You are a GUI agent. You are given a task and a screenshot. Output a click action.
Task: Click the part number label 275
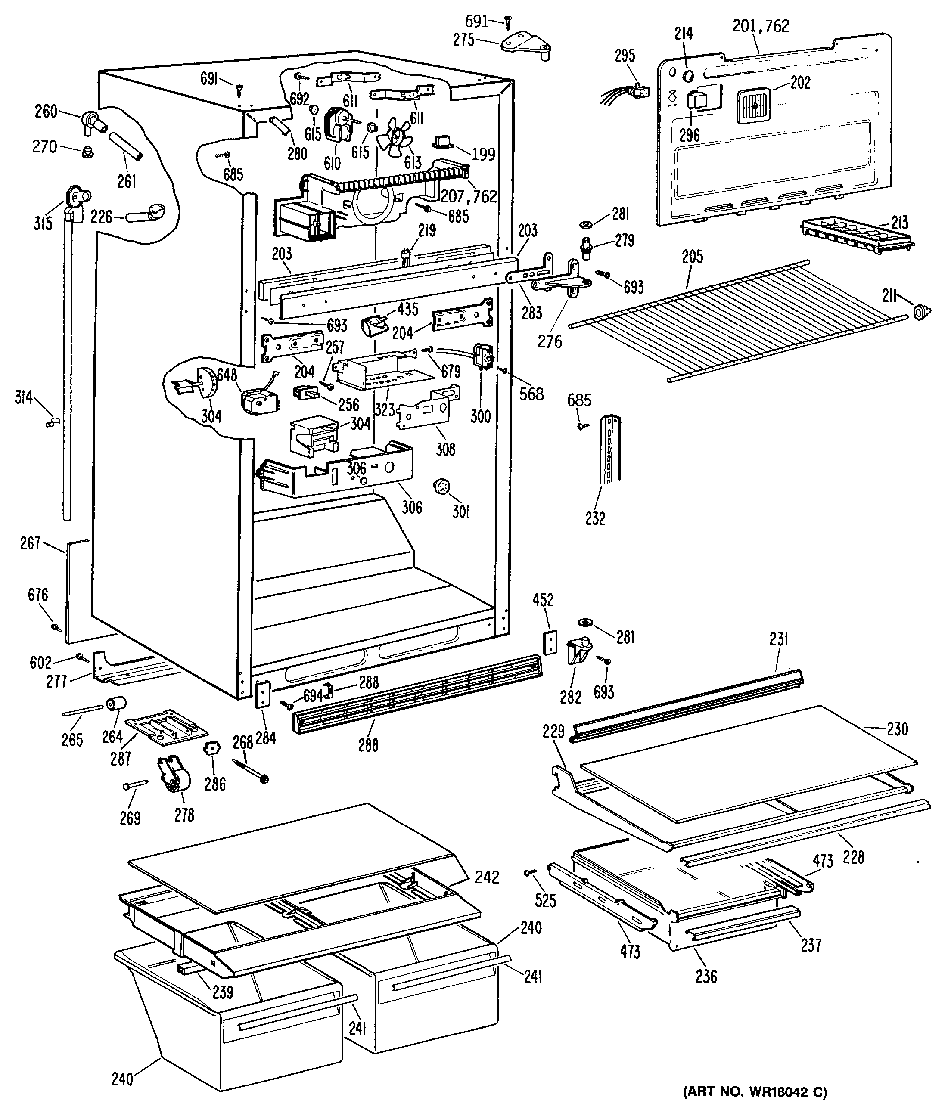point(464,40)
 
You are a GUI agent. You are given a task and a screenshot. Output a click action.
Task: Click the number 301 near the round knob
point(461,511)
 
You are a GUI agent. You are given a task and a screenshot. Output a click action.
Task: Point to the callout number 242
point(487,877)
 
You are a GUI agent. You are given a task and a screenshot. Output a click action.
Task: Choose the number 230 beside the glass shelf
point(897,729)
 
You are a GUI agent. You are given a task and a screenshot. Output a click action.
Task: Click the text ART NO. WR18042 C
point(754,1092)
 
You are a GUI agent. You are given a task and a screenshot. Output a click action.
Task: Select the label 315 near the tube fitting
point(43,223)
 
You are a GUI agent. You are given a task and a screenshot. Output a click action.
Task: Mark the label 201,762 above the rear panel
point(760,26)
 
